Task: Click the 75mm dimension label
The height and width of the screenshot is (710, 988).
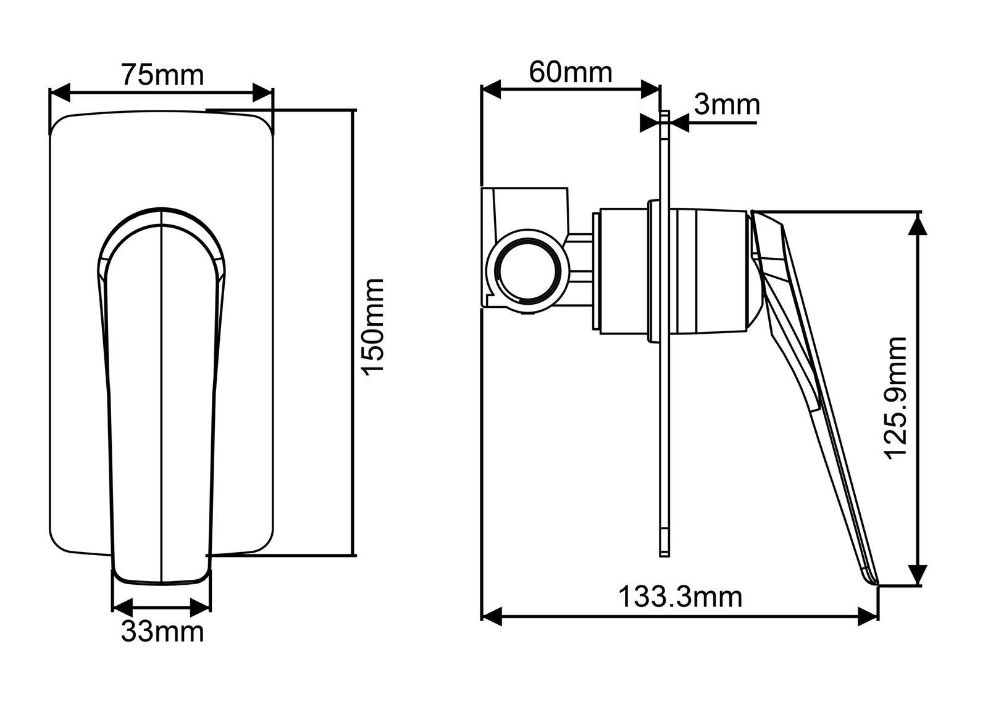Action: tap(162, 75)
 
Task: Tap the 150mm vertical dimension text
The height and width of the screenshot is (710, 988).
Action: tap(374, 325)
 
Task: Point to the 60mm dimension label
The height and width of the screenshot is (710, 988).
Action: tap(571, 72)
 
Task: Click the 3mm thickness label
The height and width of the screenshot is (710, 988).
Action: tap(726, 105)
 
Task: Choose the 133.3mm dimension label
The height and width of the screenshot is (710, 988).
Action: tap(680, 596)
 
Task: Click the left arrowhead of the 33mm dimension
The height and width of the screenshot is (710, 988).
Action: tap(122, 605)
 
